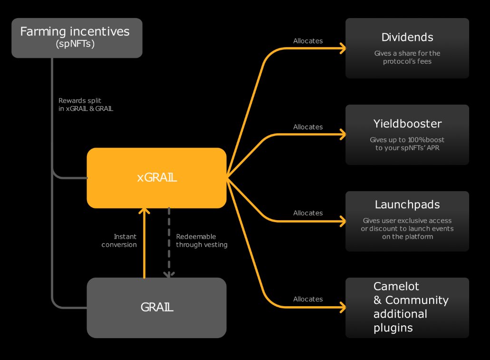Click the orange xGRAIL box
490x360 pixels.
click(156, 178)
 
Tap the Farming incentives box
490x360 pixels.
click(77, 38)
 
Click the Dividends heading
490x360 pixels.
click(407, 37)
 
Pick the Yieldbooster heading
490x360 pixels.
click(407, 124)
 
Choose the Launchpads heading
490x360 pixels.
click(407, 205)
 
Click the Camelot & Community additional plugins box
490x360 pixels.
click(407, 307)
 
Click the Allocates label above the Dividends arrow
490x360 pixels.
click(307, 41)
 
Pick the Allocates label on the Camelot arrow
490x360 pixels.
click(307, 299)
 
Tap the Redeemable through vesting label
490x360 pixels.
click(202, 241)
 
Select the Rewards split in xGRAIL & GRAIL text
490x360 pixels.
click(86, 105)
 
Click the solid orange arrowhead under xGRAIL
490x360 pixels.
click(144, 212)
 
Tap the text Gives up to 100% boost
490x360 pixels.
click(407, 140)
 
